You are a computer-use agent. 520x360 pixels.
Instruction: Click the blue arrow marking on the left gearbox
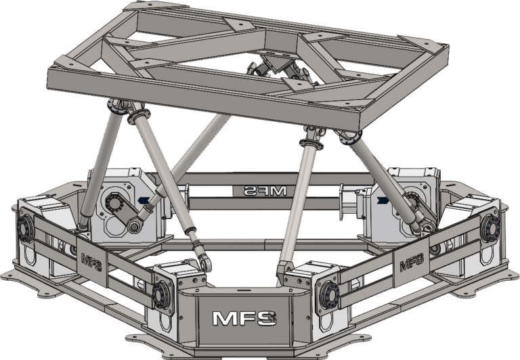pyautogui.click(x=143, y=200)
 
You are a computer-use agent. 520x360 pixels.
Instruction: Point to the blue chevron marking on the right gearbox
pyautogui.click(x=384, y=201)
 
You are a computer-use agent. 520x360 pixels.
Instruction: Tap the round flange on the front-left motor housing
pyautogui.click(x=162, y=295)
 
